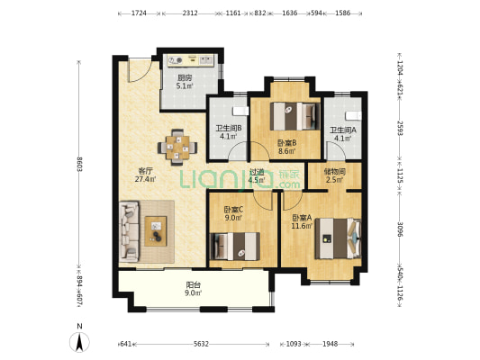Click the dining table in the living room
coord(177,148)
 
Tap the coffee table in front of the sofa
coord(156,231)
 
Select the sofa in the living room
coord(129,231)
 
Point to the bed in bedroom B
coord(294,116)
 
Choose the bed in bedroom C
coord(235,247)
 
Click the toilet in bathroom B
coord(240,111)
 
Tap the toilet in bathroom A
coord(354,116)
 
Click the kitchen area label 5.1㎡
coord(185,85)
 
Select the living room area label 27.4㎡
coord(146,179)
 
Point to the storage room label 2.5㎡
coord(334,180)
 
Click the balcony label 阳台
coord(193,285)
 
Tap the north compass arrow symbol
coord(79,342)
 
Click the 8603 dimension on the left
coord(79,164)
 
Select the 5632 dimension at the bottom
coord(201,344)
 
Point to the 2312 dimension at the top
coord(190,13)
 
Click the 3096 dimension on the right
coord(400,229)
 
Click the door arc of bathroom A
coord(336,150)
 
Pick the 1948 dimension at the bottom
coord(330,344)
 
